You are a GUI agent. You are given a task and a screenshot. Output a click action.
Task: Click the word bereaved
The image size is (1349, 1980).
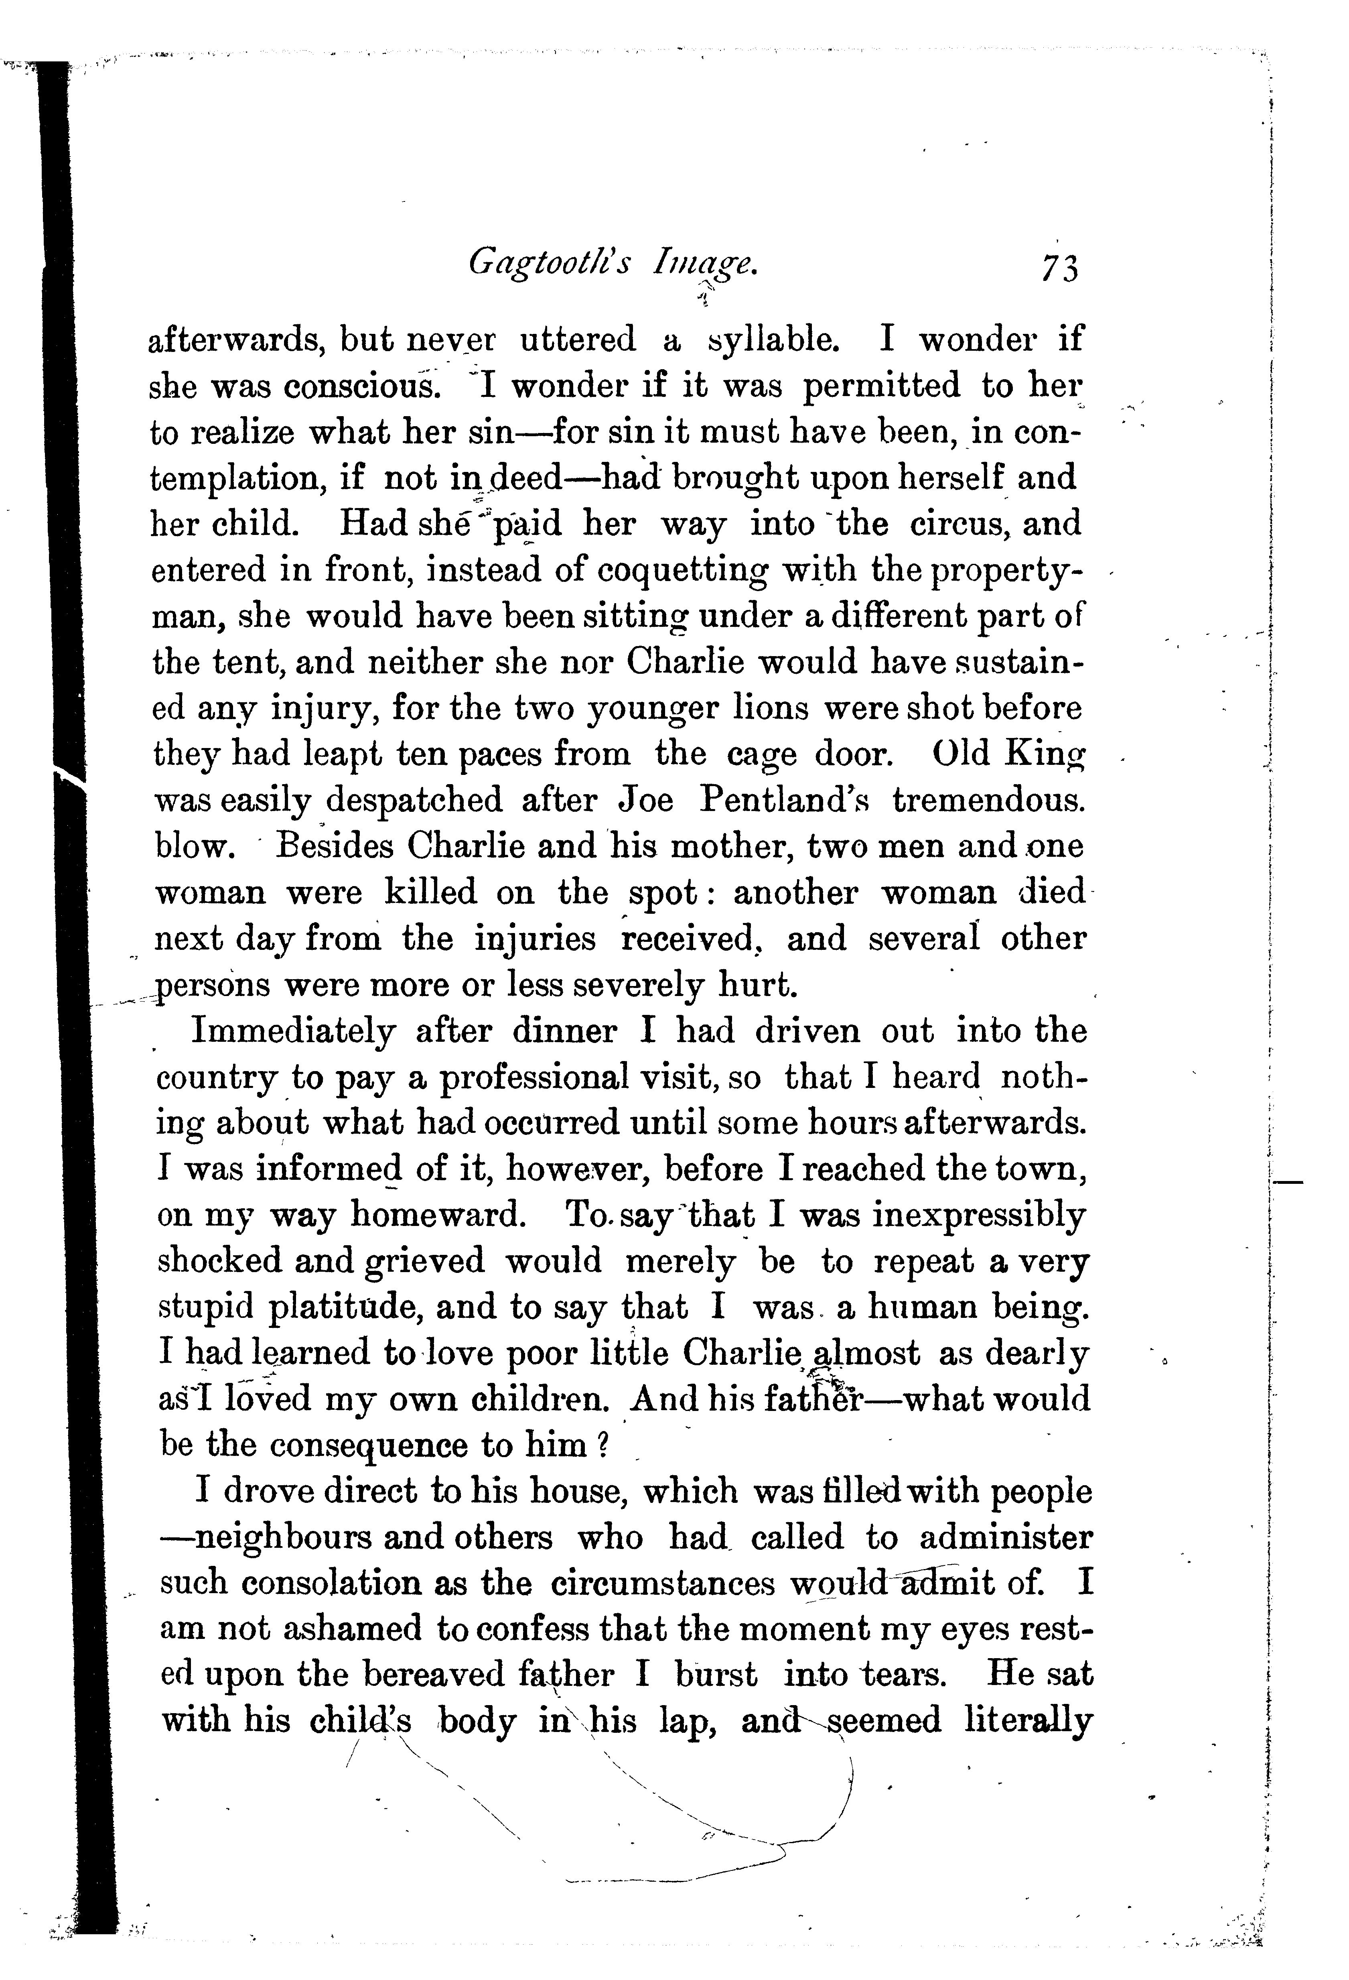pos(434,1674)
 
